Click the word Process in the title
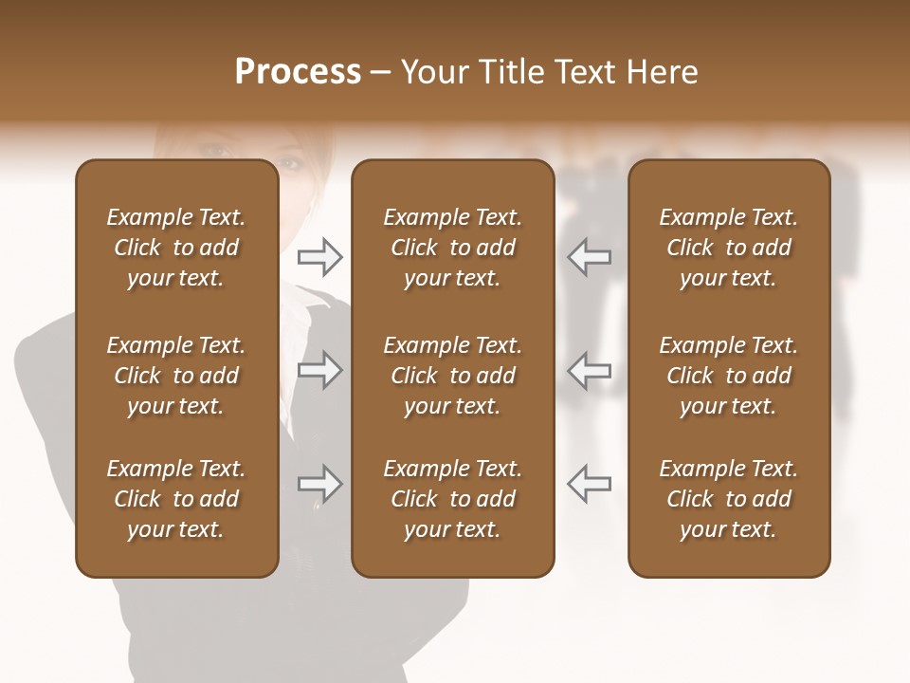(x=298, y=72)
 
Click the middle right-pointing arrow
(x=320, y=370)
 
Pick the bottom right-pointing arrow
(x=320, y=484)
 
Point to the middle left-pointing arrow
(x=589, y=370)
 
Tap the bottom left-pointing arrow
(x=589, y=484)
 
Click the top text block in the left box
(x=176, y=248)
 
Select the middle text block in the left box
(x=176, y=376)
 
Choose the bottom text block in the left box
(x=176, y=499)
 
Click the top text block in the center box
(x=452, y=248)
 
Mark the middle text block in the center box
(x=452, y=376)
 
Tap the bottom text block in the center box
(x=452, y=499)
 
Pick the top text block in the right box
(x=729, y=248)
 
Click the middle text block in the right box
(x=729, y=376)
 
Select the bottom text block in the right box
(x=729, y=499)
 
